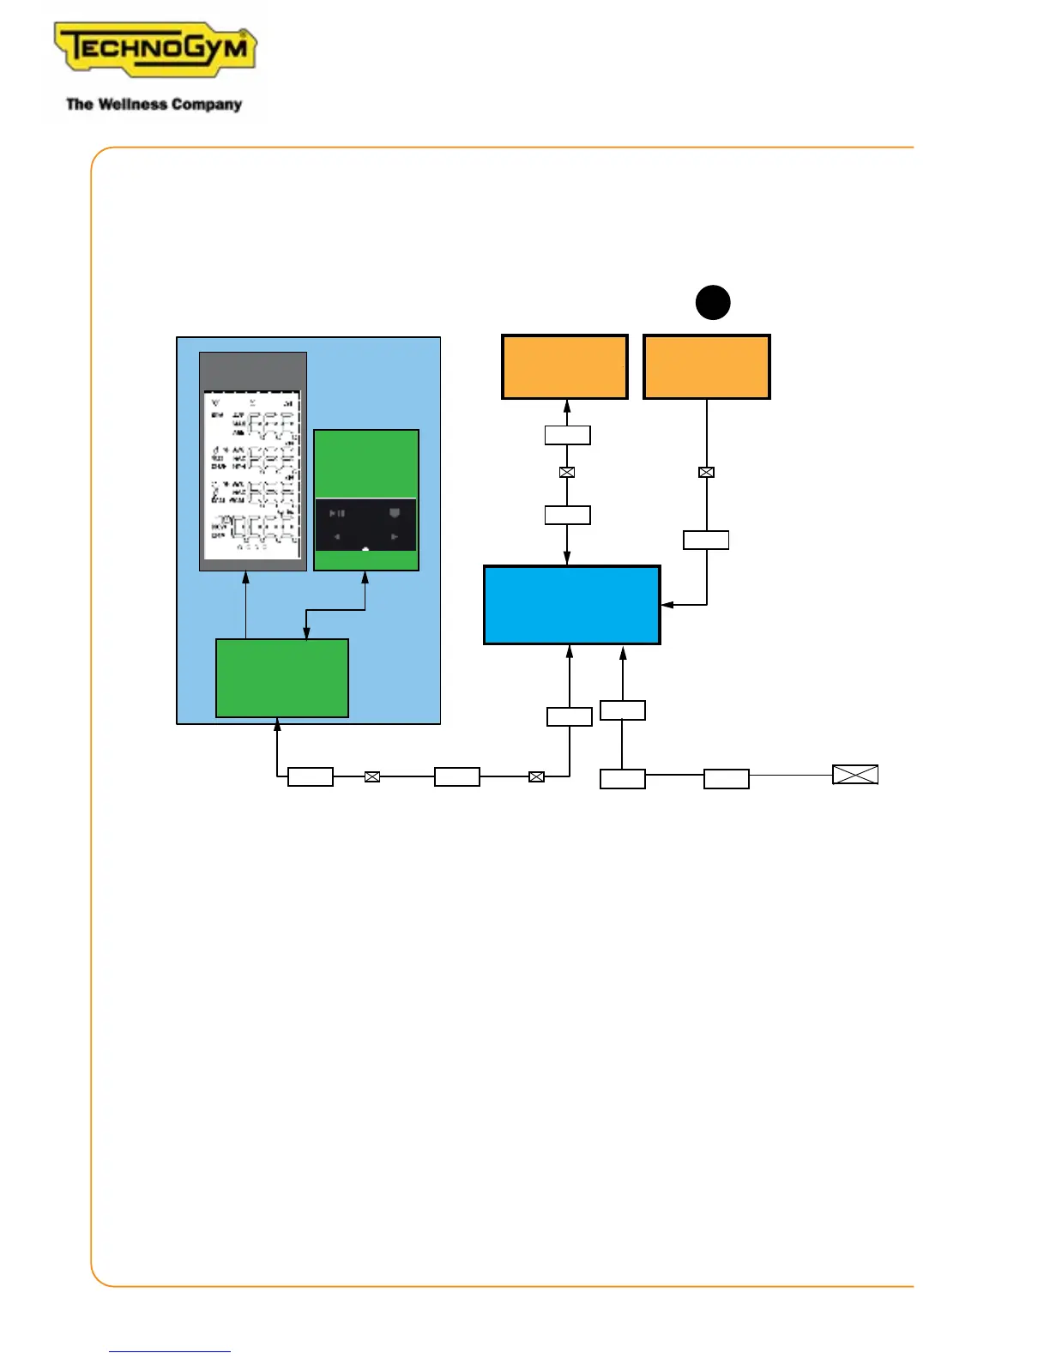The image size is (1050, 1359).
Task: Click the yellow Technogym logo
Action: tap(155, 49)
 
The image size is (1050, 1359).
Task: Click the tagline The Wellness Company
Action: tap(154, 105)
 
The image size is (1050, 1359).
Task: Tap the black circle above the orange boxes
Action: tap(712, 302)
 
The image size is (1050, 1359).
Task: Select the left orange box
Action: tap(564, 367)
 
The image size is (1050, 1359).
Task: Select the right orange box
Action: tap(707, 367)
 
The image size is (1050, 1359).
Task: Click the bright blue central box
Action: tap(572, 605)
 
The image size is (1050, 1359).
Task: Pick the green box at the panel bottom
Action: tap(281, 678)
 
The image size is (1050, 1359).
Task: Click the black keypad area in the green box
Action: tap(365, 524)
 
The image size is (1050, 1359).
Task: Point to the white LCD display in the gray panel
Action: tap(252, 474)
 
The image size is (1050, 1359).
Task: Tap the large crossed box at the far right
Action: tap(855, 775)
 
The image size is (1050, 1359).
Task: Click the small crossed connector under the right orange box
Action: tap(706, 472)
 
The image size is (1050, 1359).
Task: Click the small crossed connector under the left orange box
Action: tap(566, 472)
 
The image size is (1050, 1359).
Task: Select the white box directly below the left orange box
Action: tap(567, 435)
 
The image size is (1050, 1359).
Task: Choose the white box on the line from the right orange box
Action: tap(706, 540)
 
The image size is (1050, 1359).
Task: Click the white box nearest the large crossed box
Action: tap(727, 779)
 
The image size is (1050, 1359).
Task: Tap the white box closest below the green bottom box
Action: tap(311, 776)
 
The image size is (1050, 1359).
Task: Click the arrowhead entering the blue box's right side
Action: tap(667, 605)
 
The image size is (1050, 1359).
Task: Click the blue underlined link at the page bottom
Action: tap(169, 1351)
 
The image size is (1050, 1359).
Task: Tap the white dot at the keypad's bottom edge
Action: tap(365, 549)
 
